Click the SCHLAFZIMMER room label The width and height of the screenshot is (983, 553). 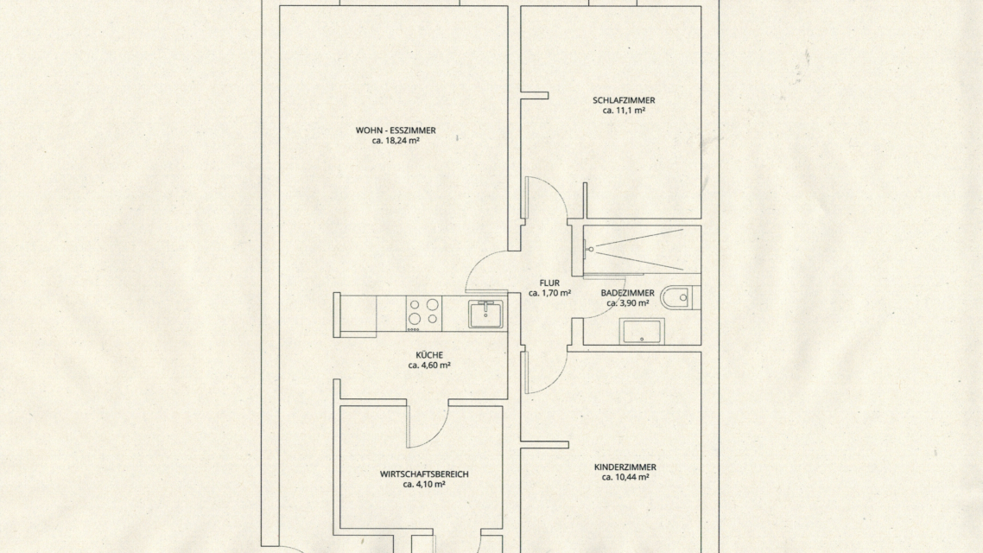click(x=624, y=100)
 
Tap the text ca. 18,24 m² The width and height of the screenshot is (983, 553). click(x=396, y=141)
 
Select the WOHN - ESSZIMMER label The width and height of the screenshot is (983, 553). click(x=396, y=130)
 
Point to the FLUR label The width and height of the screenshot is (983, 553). click(x=549, y=283)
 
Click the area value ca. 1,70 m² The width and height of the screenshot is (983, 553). click(x=549, y=294)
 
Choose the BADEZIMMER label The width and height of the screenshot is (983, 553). click(x=627, y=293)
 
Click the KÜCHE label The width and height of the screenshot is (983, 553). click(x=428, y=355)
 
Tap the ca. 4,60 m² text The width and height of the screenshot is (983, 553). click(x=428, y=365)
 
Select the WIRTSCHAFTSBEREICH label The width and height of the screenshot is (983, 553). click(x=424, y=474)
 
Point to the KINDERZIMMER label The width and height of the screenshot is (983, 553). click(x=625, y=467)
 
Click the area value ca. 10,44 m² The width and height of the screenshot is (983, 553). click(x=625, y=477)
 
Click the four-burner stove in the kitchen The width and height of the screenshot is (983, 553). click(x=424, y=314)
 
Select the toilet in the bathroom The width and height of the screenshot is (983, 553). click(x=680, y=297)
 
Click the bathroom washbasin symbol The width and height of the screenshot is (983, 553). click(x=642, y=332)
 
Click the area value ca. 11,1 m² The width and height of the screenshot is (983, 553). click(x=624, y=111)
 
